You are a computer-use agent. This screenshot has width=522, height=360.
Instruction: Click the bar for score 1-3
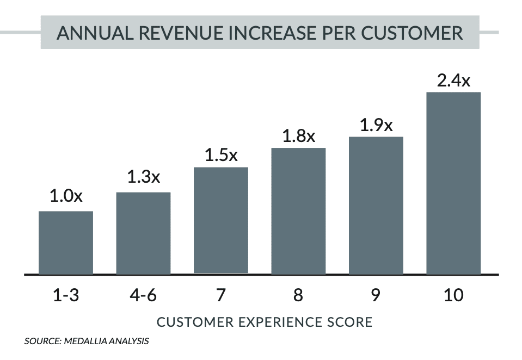66,243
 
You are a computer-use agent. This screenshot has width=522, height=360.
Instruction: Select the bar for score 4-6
143,233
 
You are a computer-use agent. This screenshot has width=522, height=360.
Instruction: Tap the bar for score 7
221,220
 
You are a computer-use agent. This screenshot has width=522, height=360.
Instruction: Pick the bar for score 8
298,211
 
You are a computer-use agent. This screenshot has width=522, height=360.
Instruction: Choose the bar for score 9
376,206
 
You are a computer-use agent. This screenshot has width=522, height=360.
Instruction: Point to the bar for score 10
453,183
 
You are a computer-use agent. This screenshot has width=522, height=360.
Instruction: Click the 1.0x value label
66,196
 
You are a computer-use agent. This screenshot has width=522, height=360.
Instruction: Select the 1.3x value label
144,177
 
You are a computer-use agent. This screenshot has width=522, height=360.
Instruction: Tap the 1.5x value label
221,155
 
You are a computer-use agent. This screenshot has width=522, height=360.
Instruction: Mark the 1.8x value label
299,136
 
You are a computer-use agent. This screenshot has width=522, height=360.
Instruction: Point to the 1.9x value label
376,126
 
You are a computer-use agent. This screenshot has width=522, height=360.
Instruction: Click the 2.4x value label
453,81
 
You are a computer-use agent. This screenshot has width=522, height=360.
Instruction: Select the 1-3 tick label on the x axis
66,295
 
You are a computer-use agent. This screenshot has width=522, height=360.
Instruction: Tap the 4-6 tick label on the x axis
144,295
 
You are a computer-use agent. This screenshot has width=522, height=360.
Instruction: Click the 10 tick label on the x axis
453,295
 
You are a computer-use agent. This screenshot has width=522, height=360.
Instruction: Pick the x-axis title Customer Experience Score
265,322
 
